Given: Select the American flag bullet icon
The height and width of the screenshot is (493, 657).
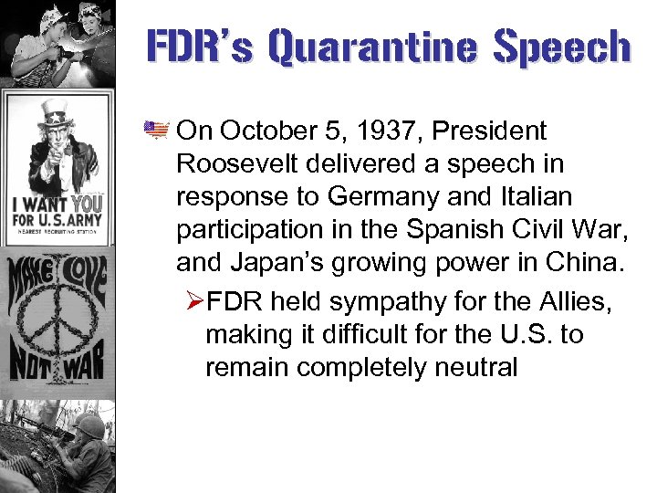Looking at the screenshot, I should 158,131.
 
